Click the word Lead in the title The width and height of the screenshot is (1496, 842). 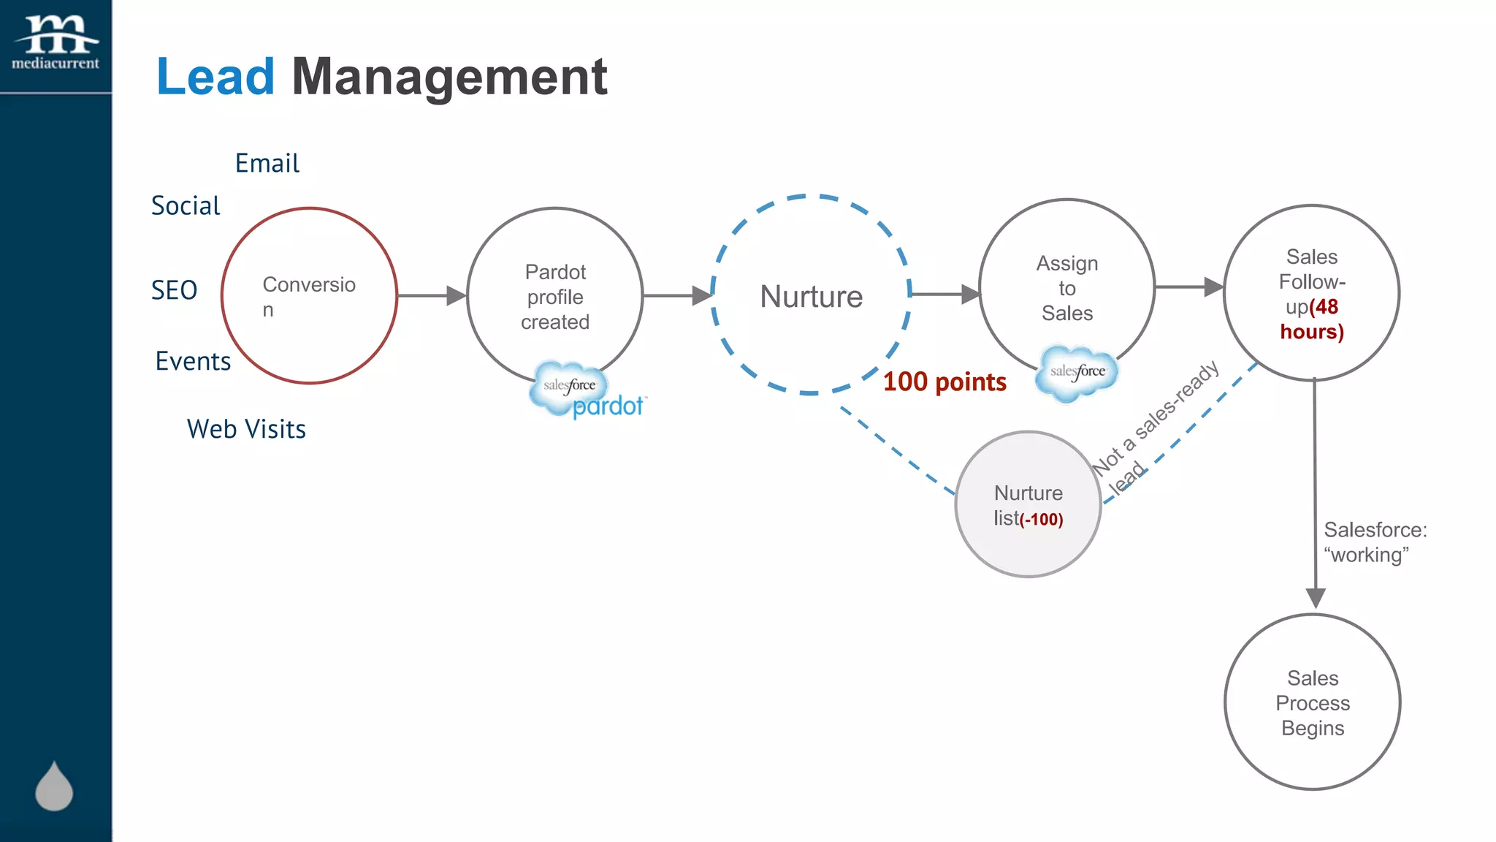point(215,77)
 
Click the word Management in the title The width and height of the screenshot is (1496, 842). point(449,77)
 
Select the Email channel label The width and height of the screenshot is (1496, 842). point(267,163)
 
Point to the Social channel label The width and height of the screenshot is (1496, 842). point(186,206)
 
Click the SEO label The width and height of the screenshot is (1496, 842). point(174,290)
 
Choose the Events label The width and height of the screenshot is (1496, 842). point(193,361)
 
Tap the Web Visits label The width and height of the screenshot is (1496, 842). point(246,429)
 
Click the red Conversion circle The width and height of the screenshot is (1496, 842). point(309,296)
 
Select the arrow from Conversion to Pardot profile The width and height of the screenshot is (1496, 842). point(432,295)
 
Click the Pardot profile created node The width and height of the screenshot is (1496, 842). point(555,296)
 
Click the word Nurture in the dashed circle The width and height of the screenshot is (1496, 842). point(811,297)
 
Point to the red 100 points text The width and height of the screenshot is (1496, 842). point(944,382)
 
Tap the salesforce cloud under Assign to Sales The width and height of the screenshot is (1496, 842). point(1077,373)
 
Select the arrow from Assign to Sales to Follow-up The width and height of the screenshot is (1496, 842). point(1188,287)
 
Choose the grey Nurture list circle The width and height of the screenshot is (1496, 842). point(1028,504)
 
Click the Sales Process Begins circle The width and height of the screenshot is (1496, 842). point(1313,702)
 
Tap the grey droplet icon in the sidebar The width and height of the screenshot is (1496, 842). point(54,786)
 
